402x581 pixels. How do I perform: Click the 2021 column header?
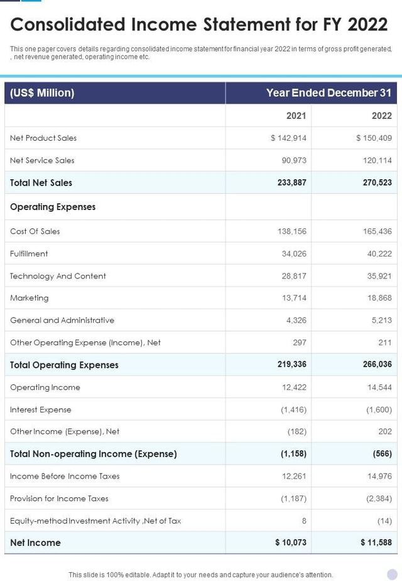tap(296, 116)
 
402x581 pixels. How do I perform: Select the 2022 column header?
tap(381, 116)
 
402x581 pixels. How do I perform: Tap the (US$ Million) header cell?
tap(42, 93)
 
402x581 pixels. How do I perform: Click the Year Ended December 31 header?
tap(329, 93)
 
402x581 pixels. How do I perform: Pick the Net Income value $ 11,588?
tap(376, 543)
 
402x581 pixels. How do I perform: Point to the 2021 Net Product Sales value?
tap(288, 138)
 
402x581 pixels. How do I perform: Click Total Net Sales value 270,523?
tap(377, 182)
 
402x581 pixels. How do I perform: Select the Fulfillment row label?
tap(29, 253)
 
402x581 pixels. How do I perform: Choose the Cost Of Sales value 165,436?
tap(377, 231)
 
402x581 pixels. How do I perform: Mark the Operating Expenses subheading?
tap(53, 207)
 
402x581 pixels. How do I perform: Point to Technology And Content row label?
tap(58, 276)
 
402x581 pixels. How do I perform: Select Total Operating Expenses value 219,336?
tap(291, 365)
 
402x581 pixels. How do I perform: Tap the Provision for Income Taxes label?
tap(59, 499)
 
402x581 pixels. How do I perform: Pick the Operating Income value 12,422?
tap(293, 387)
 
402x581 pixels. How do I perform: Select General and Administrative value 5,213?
tap(381, 320)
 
